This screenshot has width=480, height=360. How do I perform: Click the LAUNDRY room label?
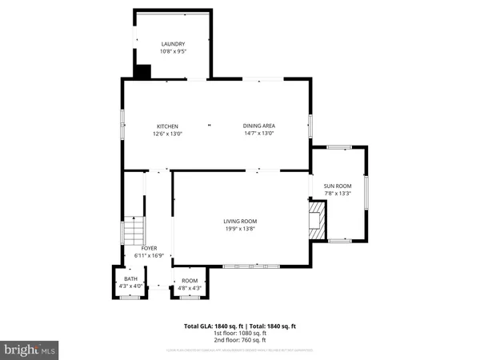click(x=173, y=44)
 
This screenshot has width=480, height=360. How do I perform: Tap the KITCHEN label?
click(x=167, y=126)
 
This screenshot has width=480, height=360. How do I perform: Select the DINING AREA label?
click(x=259, y=126)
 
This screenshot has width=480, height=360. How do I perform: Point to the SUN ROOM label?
click(x=338, y=186)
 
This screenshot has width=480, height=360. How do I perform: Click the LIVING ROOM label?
click(x=240, y=221)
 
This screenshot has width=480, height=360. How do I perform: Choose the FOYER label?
click(x=149, y=248)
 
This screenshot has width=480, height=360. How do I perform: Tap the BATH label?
click(x=130, y=279)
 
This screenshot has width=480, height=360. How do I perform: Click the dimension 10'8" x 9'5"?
click(x=173, y=52)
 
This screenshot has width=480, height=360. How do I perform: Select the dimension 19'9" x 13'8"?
click(x=240, y=229)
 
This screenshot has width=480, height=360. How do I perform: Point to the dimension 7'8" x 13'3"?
click(x=338, y=193)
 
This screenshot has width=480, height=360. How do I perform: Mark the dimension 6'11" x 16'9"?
click(x=149, y=255)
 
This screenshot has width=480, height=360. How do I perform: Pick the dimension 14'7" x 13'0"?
click(x=259, y=134)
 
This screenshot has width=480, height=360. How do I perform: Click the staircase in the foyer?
click(x=131, y=232)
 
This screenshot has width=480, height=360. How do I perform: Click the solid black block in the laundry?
click(x=142, y=71)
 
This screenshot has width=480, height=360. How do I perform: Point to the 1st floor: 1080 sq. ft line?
click(x=240, y=333)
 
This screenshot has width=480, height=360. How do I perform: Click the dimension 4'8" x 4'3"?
click(x=190, y=286)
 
